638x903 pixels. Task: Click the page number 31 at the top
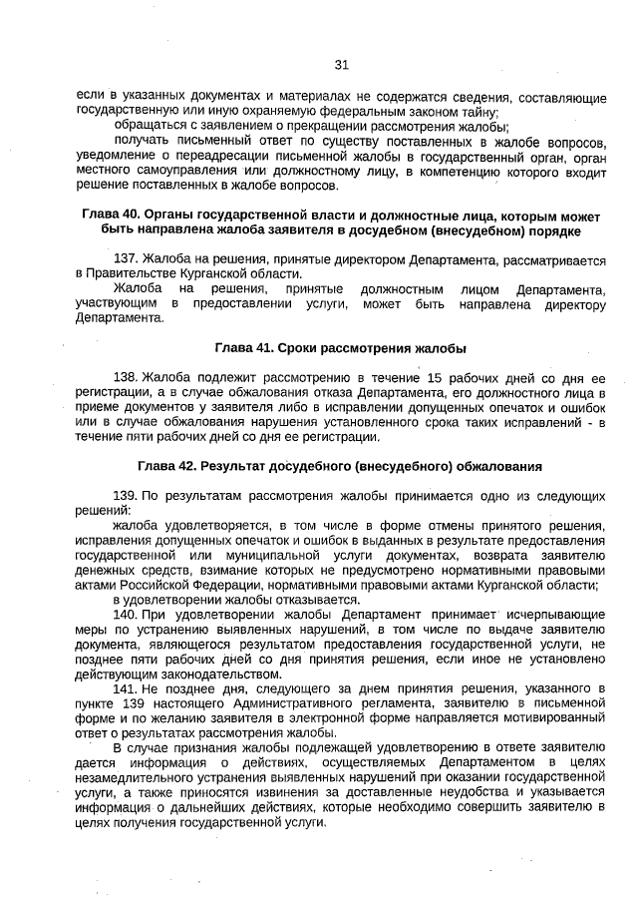point(341,65)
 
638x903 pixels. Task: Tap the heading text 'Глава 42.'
point(168,466)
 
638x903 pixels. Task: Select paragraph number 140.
point(126,614)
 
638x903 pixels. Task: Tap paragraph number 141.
point(126,688)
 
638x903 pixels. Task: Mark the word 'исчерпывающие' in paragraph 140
point(555,614)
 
